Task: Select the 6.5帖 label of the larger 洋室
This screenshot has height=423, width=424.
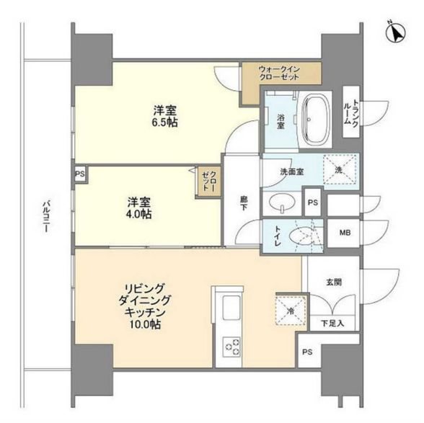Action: [x=165, y=123]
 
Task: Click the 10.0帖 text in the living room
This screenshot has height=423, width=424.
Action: [x=146, y=326]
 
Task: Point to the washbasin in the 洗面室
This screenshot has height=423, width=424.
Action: [x=279, y=203]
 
